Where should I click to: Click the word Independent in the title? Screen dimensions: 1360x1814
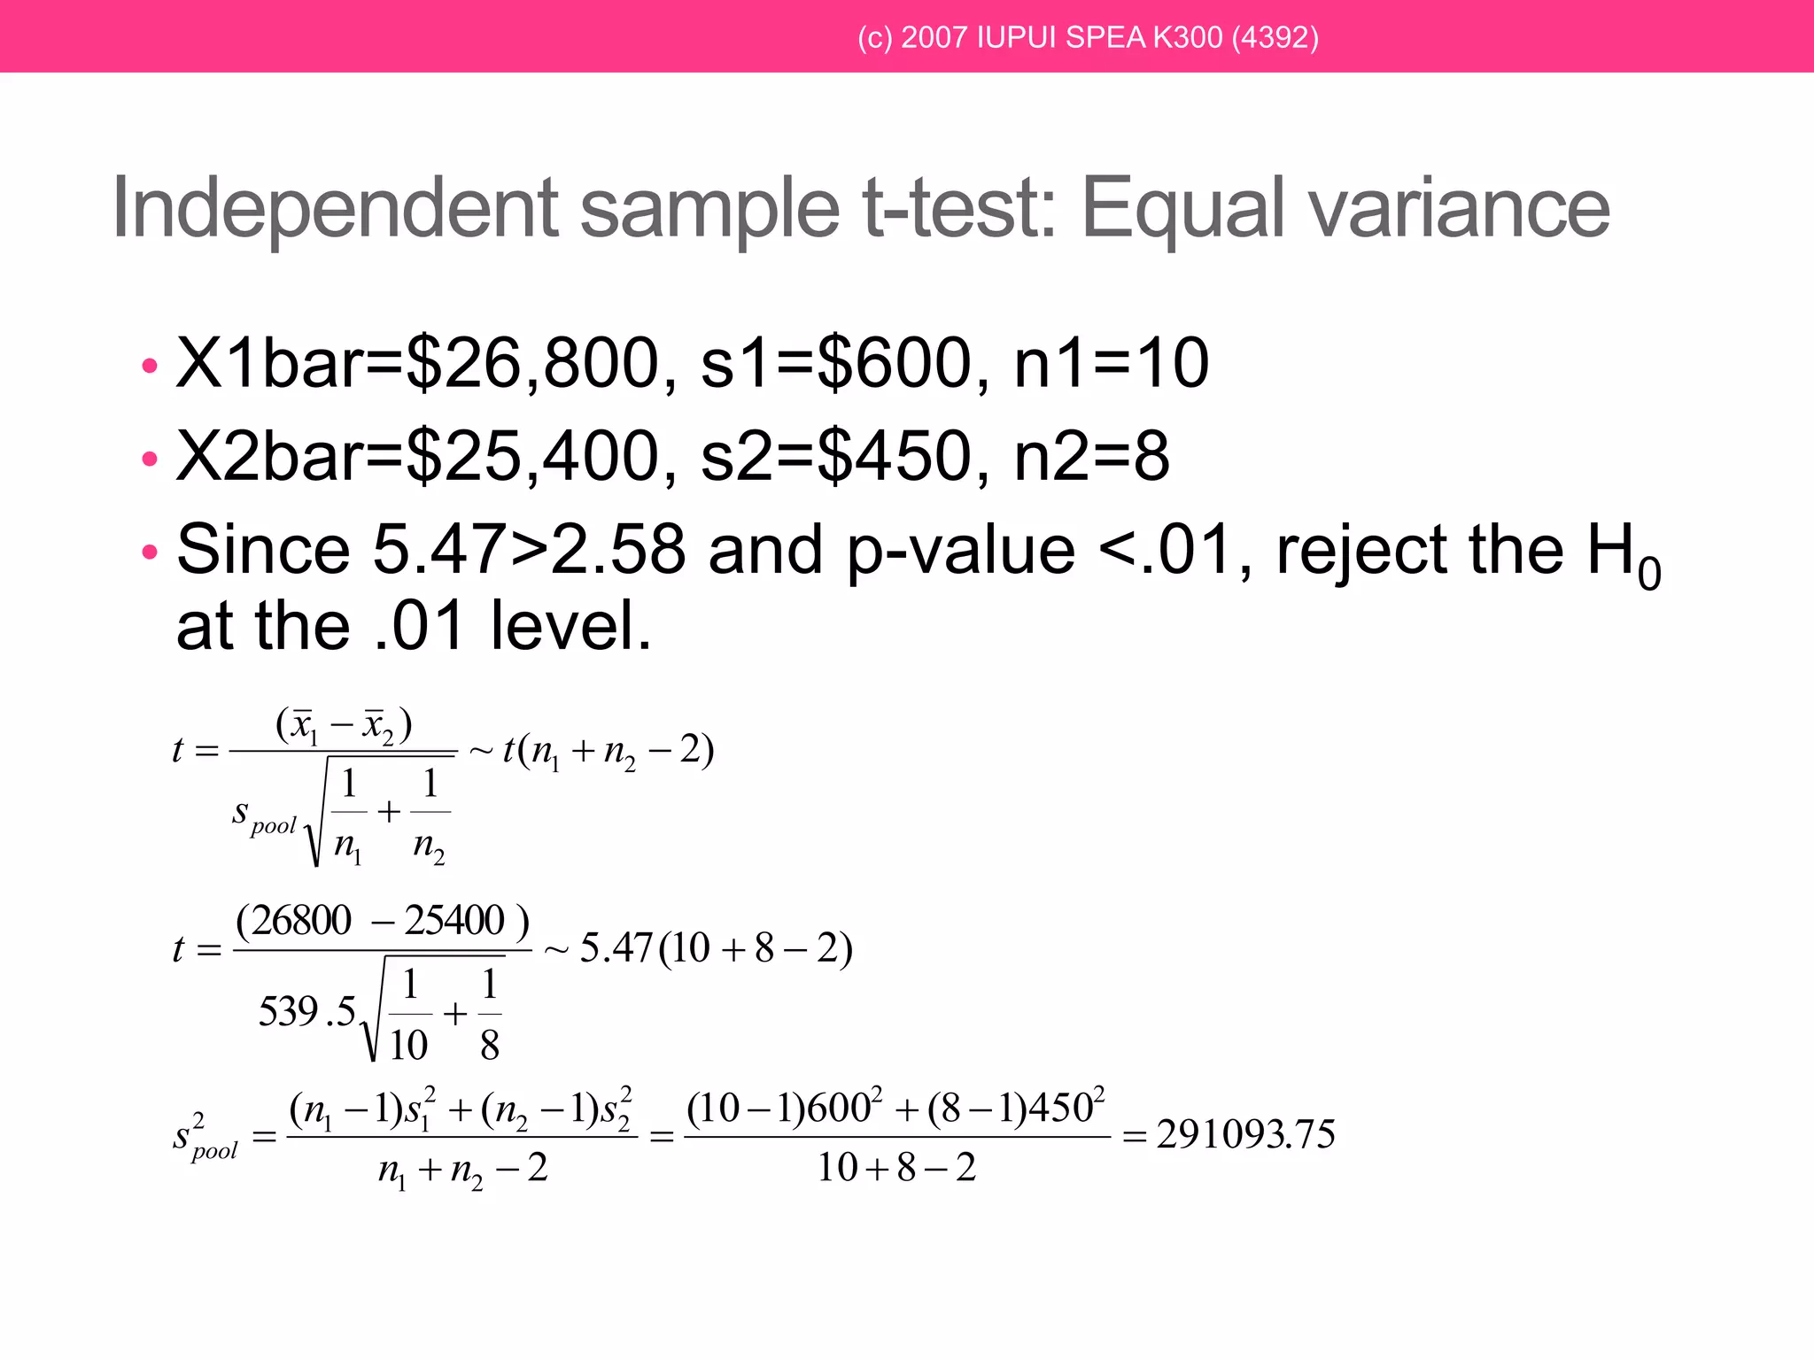point(336,209)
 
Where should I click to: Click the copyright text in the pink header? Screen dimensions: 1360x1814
point(1088,37)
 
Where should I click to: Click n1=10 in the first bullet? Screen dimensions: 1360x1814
point(1111,363)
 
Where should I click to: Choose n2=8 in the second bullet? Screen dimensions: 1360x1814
point(1091,456)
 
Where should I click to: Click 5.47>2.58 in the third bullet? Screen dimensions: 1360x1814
point(529,549)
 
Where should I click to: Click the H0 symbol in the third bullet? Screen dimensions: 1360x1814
point(1623,553)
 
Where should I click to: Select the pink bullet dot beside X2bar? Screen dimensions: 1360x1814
point(150,458)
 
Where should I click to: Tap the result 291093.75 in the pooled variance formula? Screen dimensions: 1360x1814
point(1245,1134)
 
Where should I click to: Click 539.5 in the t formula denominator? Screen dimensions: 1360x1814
point(306,1011)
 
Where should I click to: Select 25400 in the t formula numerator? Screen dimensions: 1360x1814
point(454,921)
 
